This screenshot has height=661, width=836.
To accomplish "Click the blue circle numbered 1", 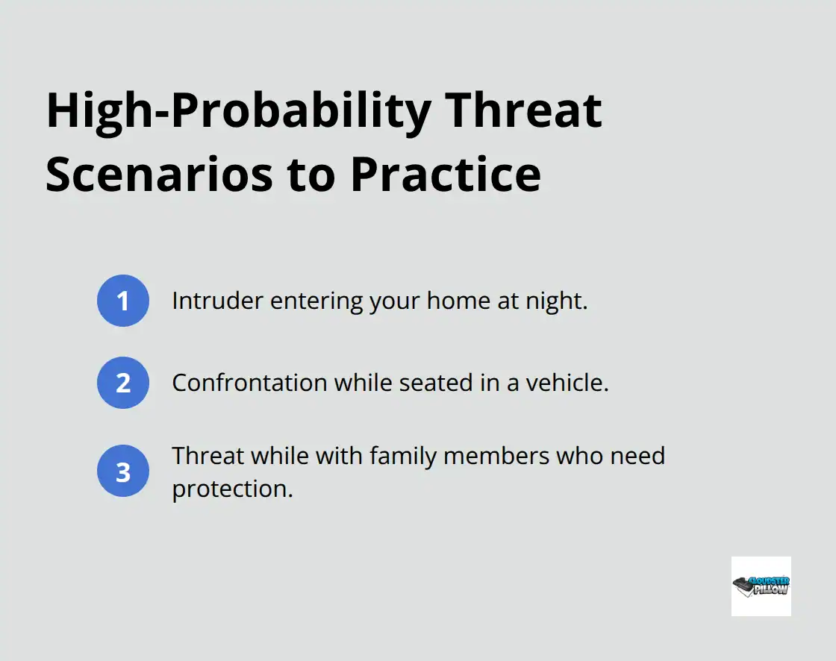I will click(123, 301).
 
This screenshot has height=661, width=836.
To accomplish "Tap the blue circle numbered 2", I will click(123, 383).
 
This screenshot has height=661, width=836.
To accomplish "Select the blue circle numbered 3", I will click(123, 472).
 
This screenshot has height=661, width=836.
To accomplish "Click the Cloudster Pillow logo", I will click(761, 586).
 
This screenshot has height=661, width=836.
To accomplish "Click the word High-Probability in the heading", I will click(238, 111).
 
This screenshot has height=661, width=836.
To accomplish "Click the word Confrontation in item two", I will click(249, 383).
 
